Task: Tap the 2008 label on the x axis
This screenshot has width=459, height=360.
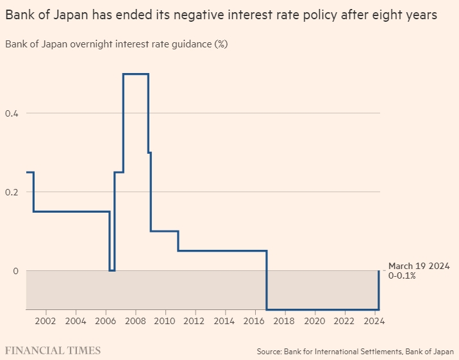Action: [135, 321]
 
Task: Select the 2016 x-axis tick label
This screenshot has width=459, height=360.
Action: [255, 321]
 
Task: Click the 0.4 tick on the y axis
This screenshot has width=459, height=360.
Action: [12, 113]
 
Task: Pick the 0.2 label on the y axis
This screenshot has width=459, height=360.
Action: [12, 192]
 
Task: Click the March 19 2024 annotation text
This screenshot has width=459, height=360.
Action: [419, 266]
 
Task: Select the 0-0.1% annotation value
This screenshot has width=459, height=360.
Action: [402, 276]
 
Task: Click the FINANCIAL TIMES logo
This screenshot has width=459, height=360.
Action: [53, 350]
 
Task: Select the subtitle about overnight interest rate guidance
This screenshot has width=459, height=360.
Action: [116, 44]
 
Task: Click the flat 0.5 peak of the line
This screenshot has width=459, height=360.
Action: [136, 74]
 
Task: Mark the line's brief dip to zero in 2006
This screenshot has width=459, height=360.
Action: [112, 270]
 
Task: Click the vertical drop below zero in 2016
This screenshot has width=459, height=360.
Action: [267, 282]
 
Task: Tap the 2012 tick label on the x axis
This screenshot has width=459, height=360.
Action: [195, 321]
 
